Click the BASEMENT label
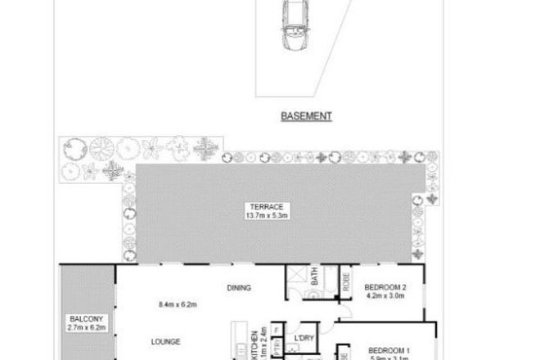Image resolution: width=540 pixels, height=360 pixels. (x=307, y=116)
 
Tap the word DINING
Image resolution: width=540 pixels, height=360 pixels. (x=238, y=287)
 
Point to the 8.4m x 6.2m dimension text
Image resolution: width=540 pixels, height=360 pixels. (x=178, y=305)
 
